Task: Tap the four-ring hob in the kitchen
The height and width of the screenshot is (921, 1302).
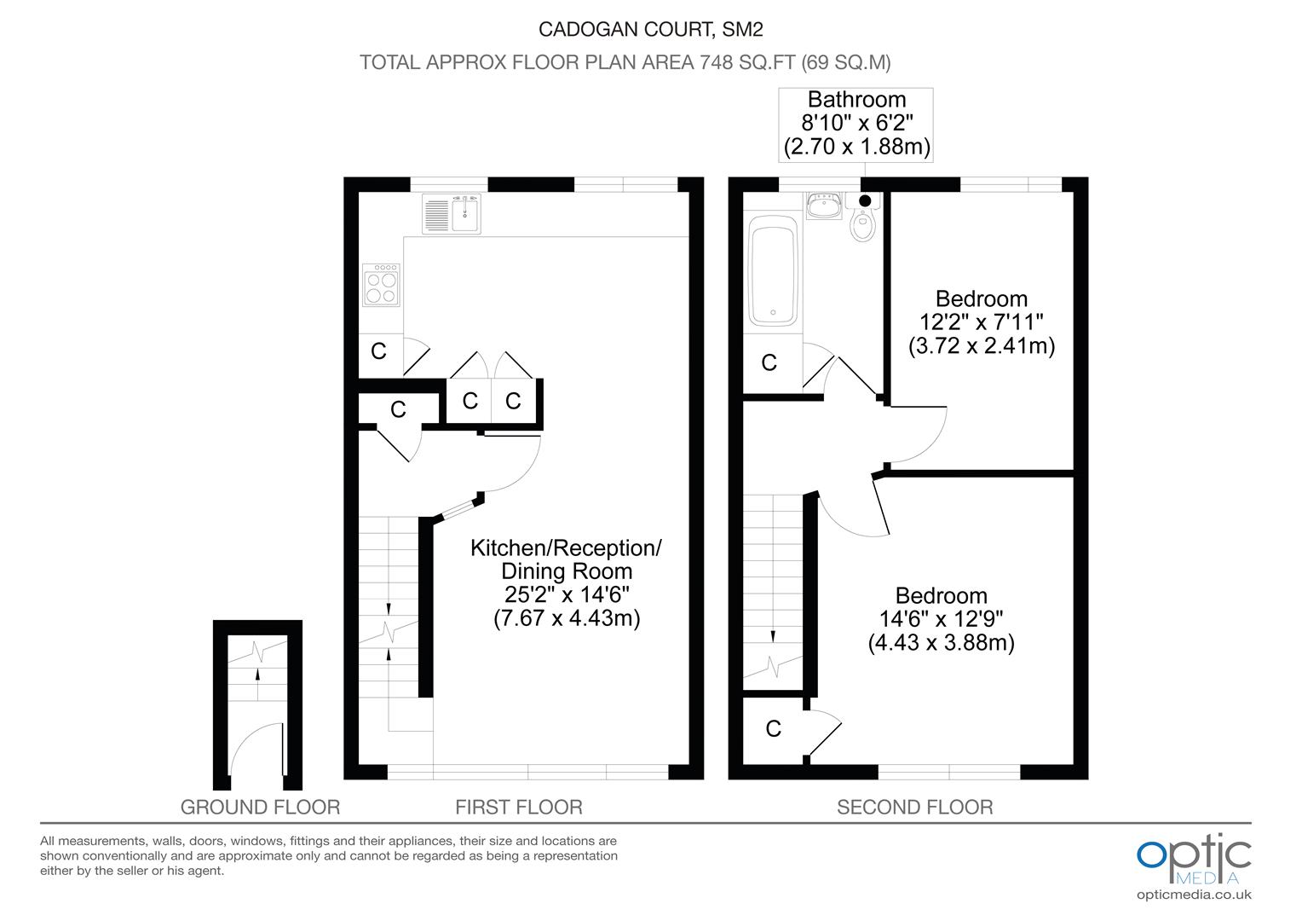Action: click(381, 285)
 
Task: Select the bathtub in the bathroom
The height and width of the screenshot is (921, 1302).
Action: click(773, 270)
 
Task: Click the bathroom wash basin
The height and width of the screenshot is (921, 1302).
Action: click(824, 206)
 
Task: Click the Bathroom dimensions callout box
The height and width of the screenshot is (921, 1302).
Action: click(856, 125)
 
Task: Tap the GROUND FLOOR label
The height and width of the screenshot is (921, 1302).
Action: click(260, 807)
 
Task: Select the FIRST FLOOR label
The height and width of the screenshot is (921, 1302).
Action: click(518, 807)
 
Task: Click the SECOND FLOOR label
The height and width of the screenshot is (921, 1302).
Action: click(915, 807)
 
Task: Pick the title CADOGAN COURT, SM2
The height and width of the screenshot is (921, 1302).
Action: click(650, 29)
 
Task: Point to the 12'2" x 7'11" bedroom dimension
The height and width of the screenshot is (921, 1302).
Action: click(982, 321)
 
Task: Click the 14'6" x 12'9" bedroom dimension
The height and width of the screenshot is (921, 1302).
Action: click(941, 618)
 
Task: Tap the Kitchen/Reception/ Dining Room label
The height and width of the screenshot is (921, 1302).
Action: click(566, 559)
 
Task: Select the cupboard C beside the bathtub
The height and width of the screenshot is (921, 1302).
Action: click(769, 362)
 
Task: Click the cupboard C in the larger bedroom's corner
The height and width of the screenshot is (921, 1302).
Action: click(773, 728)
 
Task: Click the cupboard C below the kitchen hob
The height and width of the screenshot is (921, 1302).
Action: click(378, 350)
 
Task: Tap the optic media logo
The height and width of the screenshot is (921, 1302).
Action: click(1194, 860)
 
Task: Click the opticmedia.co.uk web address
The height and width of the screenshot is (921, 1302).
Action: click(1194, 895)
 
